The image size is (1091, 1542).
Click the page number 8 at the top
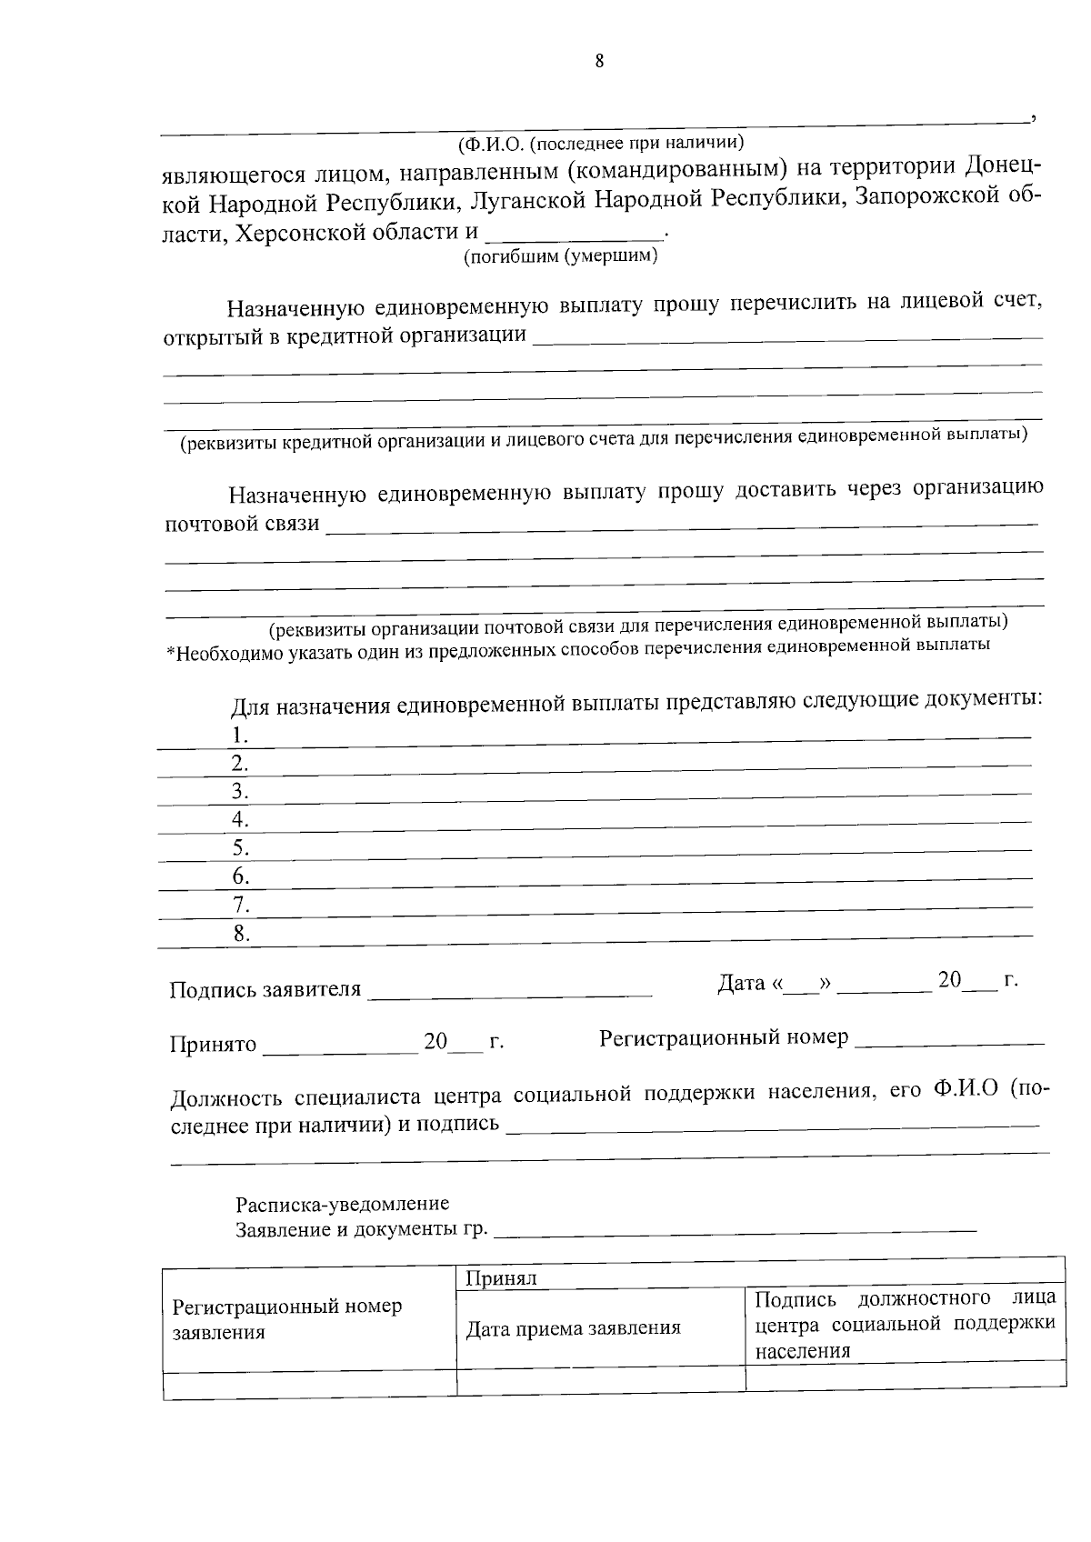point(599,61)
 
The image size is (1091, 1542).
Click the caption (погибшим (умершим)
point(560,256)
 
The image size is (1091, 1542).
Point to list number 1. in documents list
point(240,735)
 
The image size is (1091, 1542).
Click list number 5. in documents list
point(240,848)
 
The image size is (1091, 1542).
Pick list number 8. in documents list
point(240,933)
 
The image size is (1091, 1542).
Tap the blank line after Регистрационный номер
point(949,1043)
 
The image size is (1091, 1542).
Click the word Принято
point(213,1044)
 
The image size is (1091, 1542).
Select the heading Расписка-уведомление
point(343,1204)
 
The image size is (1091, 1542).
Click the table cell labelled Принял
point(501,1278)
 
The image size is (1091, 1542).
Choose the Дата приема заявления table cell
point(573,1328)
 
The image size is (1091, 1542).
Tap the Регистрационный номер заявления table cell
point(287,1319)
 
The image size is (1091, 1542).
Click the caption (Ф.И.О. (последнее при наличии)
point(601,143)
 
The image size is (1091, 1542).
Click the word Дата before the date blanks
point(740,983)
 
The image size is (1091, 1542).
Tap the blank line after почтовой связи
point(682,525)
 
